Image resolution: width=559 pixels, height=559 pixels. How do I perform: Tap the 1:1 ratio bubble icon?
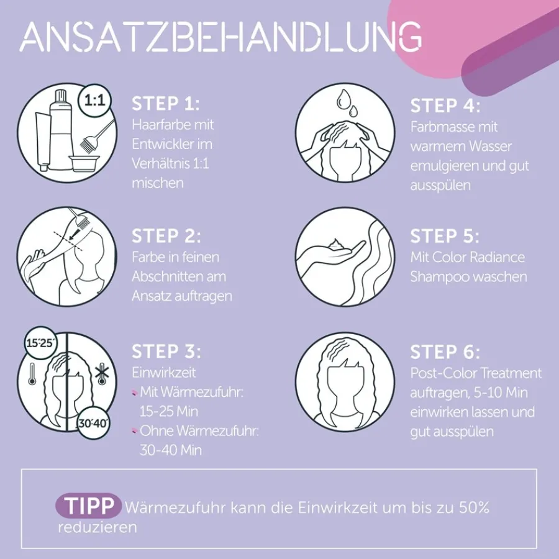(95, 100)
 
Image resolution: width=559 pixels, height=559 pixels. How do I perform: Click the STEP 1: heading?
(166, 104)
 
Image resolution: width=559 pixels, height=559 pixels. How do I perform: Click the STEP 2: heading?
(166, 236)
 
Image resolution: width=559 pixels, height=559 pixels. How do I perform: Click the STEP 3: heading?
(166, 352)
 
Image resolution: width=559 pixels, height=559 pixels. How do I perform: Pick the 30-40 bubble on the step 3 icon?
(94, 423)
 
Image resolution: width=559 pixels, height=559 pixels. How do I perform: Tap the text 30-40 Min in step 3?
(170, 450)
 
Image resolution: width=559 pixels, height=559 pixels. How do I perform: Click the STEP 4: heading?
(445, 106)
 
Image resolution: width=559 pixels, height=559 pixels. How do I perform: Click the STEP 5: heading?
(445, 236)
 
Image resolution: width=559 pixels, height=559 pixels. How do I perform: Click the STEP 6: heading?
(445, 352)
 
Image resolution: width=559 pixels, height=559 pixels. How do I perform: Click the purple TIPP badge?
(89, 506)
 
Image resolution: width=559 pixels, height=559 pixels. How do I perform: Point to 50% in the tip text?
(474, 507)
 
